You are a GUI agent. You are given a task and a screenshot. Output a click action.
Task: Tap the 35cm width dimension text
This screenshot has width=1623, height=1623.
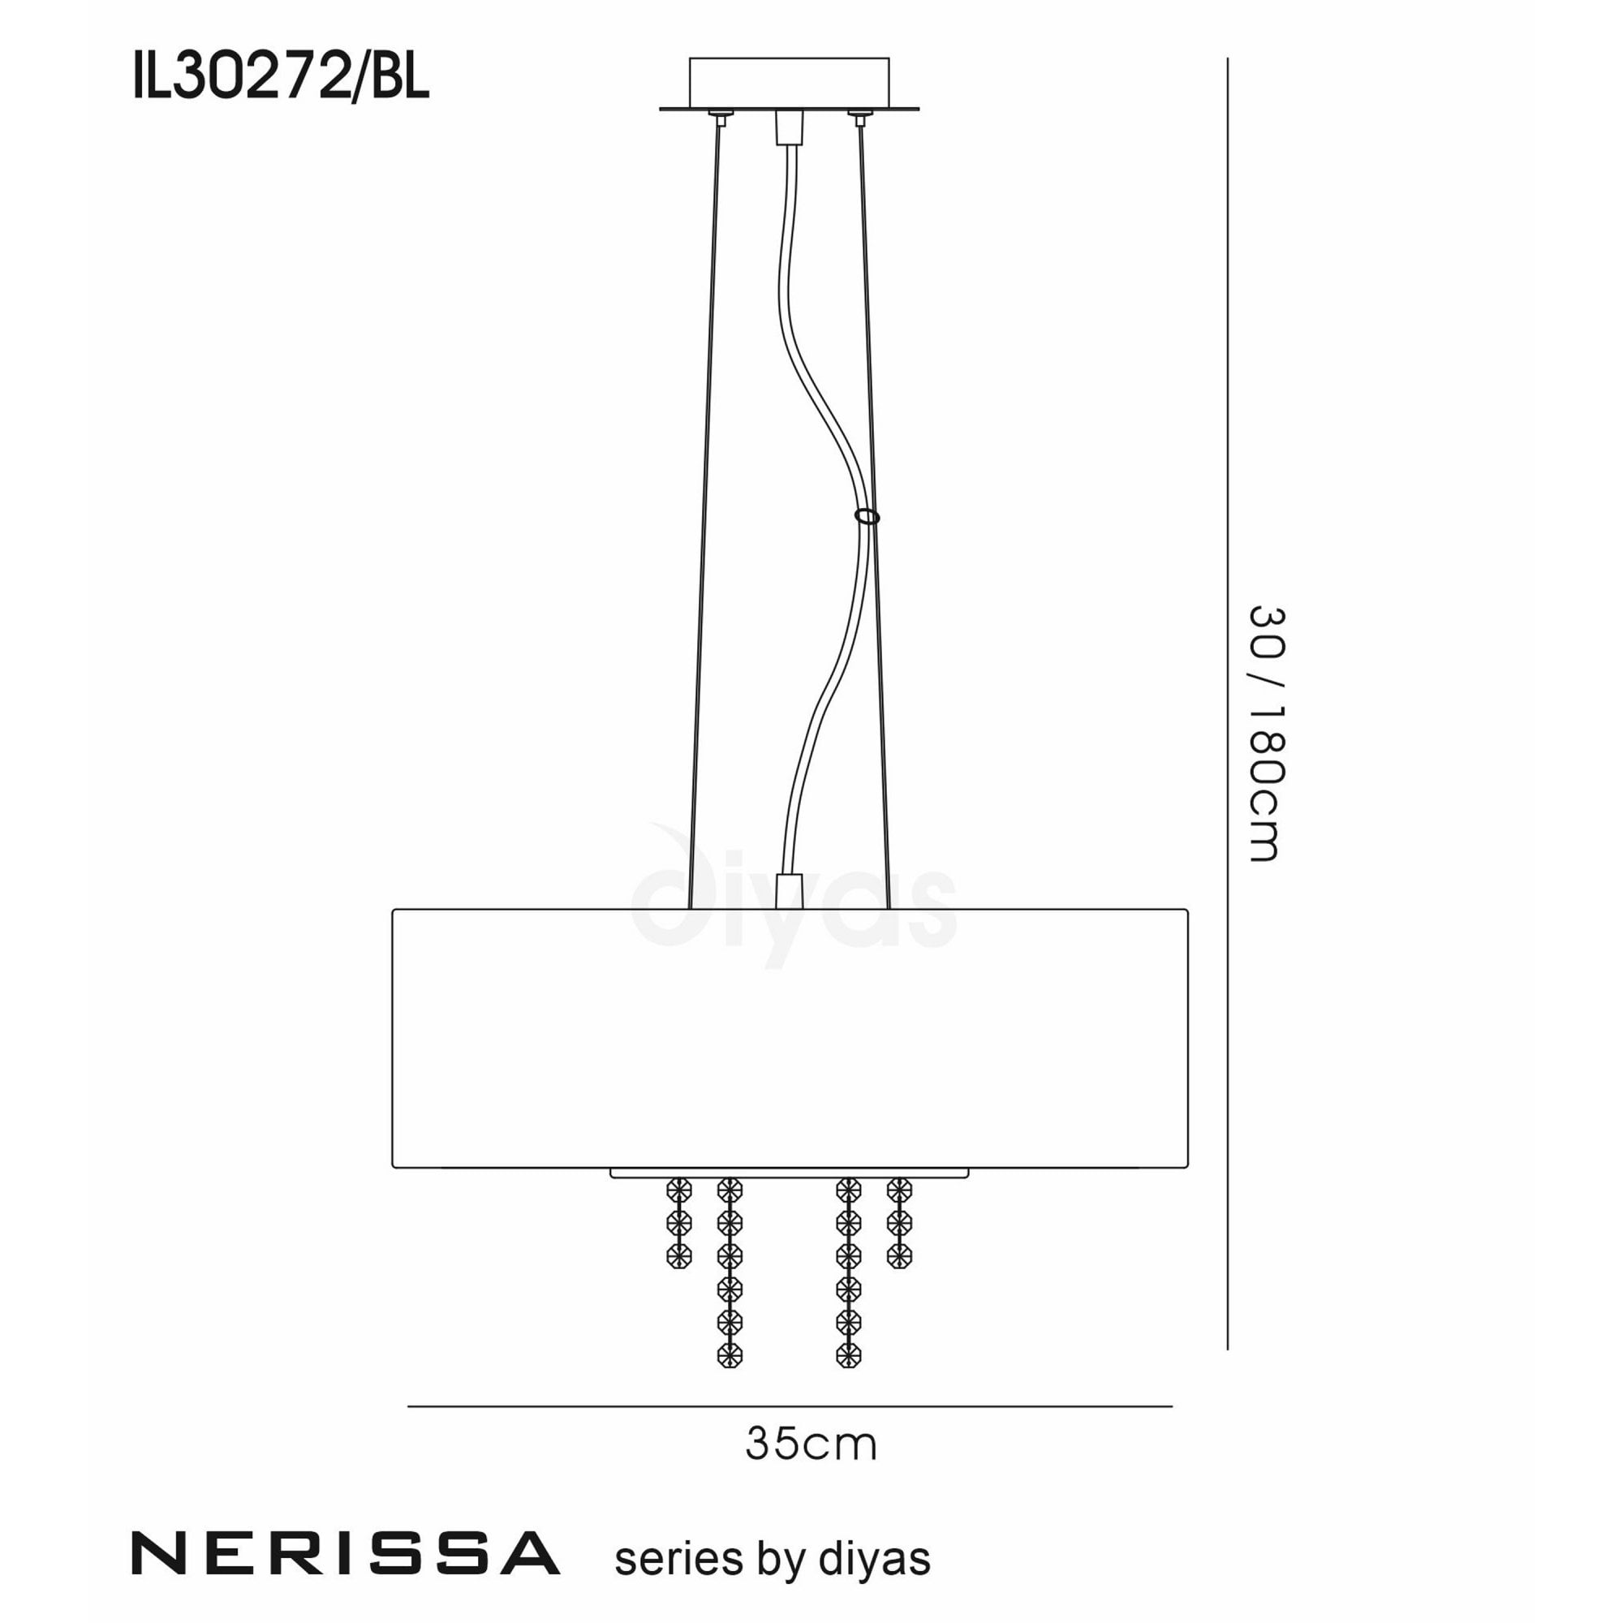click(811, 1445)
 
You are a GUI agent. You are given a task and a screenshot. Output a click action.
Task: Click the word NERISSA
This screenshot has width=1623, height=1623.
click(345, 1554)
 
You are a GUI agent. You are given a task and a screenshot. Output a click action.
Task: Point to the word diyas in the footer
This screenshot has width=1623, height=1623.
click(874, 1559)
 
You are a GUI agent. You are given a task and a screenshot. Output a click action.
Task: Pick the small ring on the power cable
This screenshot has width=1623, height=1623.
click(867, 516)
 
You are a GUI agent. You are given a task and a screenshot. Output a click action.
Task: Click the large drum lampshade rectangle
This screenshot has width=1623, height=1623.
click(790, 1039)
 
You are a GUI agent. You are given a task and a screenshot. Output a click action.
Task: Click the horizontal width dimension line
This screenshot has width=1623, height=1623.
click(790, 1406)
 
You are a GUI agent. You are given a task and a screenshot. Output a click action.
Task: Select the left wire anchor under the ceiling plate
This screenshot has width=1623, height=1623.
click(719, 116)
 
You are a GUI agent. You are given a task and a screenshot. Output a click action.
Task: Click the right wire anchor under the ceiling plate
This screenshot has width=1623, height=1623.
click(859, 116)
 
